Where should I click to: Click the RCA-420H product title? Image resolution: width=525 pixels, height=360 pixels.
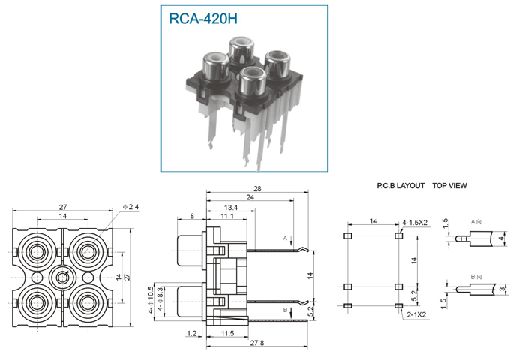[203, 19]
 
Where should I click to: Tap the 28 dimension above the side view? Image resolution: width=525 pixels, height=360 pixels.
[257, 189]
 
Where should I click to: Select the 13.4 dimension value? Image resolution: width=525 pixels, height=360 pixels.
[231, 208]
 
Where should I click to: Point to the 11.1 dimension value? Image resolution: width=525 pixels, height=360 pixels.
[227, 216]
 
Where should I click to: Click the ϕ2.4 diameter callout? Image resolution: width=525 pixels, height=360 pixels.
[130, 207]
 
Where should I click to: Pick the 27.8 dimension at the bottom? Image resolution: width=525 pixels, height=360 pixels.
[257, 343]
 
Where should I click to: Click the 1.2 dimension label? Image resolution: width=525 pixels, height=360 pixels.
[192, 333]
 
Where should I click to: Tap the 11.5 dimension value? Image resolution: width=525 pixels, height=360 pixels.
[227, 333]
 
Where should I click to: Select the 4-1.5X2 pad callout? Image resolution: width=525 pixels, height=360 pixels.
[415, 223]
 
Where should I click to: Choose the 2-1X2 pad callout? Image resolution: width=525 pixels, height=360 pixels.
[416, 314]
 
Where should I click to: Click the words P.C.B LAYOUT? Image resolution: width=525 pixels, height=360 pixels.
[400, 186]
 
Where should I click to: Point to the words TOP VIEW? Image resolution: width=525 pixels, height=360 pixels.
[449, 186]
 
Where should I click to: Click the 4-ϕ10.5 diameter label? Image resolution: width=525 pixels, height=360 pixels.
[151, 299]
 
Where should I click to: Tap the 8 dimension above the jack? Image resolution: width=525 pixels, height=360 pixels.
[192, 216]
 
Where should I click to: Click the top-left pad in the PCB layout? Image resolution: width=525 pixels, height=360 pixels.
[347, 235]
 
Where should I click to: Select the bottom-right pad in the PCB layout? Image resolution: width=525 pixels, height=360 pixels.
[398, 305]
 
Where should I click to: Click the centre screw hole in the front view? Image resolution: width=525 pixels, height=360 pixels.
[62, 277]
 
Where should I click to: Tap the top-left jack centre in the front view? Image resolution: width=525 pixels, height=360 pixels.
[37, 252]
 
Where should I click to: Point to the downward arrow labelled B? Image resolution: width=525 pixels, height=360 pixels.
[291, 313]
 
